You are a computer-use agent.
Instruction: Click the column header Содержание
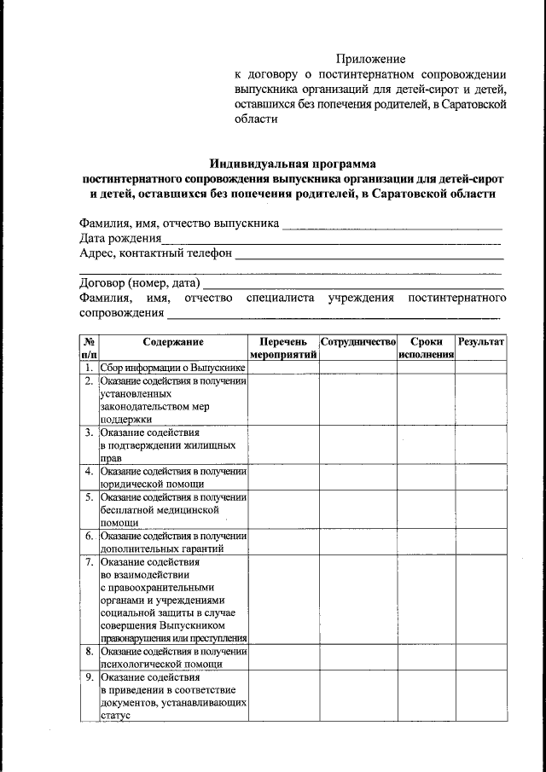[173, 341]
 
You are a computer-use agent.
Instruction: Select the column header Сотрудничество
[357, 341]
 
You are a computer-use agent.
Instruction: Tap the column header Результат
[481, 341]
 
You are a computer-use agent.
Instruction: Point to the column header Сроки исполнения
[425, 347]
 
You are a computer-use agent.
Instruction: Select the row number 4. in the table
[89, 471]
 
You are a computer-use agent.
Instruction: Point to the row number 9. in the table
[89, 677]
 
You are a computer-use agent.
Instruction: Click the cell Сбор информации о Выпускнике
[172, 368]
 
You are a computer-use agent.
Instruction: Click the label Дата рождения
[119, 239]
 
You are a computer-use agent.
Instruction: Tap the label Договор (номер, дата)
[140, 282]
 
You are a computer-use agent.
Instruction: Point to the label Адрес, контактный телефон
[155, 253]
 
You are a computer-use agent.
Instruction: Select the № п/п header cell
[89, 347]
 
